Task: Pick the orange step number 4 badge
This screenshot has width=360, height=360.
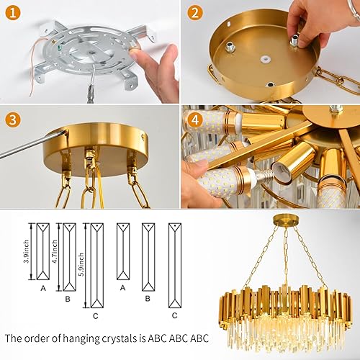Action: (x=194, y=120)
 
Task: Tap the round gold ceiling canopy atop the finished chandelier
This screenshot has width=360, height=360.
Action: (x=283, y=217)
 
